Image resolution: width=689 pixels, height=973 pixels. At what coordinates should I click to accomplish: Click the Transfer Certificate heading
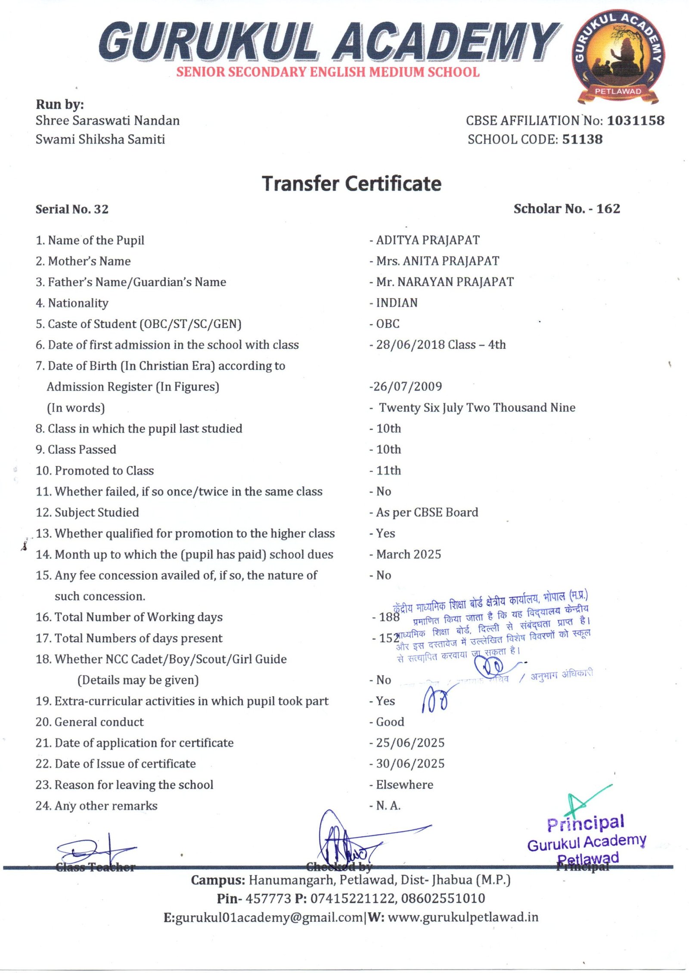click(352, 184)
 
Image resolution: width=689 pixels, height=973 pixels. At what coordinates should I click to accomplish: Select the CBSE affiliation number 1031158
click(636, 121)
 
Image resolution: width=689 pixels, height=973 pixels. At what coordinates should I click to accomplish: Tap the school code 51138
click(582, 139)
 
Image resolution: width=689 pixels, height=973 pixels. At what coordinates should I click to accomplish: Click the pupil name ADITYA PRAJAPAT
click(428, 240)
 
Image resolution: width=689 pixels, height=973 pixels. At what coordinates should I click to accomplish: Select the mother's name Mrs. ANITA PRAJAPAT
click(438, 261)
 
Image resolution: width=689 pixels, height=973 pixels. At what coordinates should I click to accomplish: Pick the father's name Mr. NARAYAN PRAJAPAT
click(445, 282)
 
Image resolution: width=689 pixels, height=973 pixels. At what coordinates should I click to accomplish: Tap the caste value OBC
click(388, 324)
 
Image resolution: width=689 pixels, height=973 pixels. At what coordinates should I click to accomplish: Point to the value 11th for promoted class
click(388, 471)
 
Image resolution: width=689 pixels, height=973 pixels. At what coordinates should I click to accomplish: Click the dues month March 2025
click(408, 555)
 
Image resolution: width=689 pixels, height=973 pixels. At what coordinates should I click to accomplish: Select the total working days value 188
click(389, 617)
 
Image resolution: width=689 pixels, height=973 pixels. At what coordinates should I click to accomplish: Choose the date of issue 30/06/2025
click(410, 764)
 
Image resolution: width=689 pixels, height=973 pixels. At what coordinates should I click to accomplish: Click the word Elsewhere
click(404, 785)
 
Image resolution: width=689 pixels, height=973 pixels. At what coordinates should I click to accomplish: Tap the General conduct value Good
click(390, 722)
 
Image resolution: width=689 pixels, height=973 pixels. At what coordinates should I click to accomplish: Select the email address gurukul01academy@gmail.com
click(269, 917)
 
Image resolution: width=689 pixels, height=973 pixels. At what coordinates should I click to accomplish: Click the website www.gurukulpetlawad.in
click(463, 917)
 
